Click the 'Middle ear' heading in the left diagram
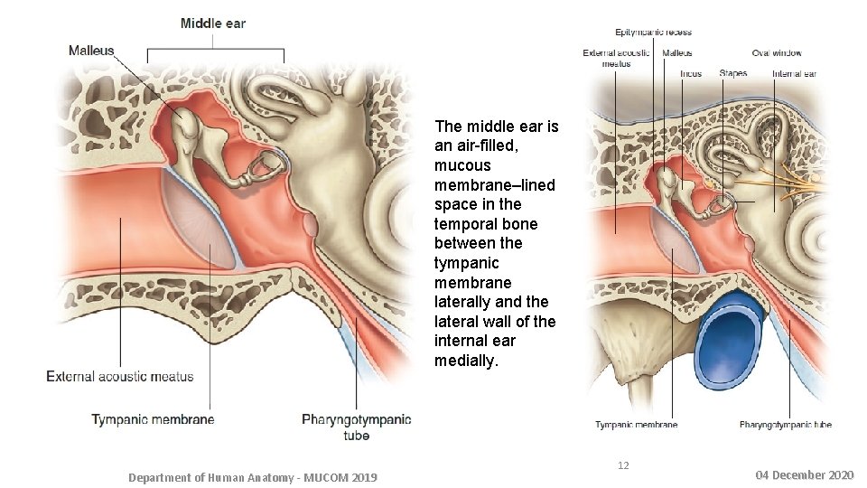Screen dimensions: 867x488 tap(212, 23)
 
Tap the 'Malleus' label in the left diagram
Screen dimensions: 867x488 tap(91, 51)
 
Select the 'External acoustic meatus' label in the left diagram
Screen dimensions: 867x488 tap(120, 376)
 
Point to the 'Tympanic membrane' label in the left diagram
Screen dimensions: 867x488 tap(153, 419)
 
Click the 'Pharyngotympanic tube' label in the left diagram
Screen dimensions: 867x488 tap(356, 427)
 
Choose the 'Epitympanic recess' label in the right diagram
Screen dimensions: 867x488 tap(654, 33)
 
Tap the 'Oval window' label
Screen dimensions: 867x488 tap(776, 53)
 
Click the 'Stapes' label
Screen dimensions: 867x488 tap(732, 73)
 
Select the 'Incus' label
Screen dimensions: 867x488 tap(691, 73)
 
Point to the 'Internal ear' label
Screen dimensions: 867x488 tap(794, 73)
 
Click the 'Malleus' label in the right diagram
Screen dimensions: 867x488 tap(676, 53)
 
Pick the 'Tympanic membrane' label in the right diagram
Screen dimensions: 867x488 tap(636, 424)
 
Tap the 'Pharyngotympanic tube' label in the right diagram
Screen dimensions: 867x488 tap(785, 424)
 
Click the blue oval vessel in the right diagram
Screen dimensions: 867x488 tap(733, 340)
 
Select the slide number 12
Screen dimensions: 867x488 tap(622, 465)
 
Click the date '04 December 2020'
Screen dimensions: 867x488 tap(803, 474)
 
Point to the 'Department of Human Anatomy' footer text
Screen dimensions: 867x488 tap(253, 477)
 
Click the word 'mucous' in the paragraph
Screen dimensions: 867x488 tap(462, 165)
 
